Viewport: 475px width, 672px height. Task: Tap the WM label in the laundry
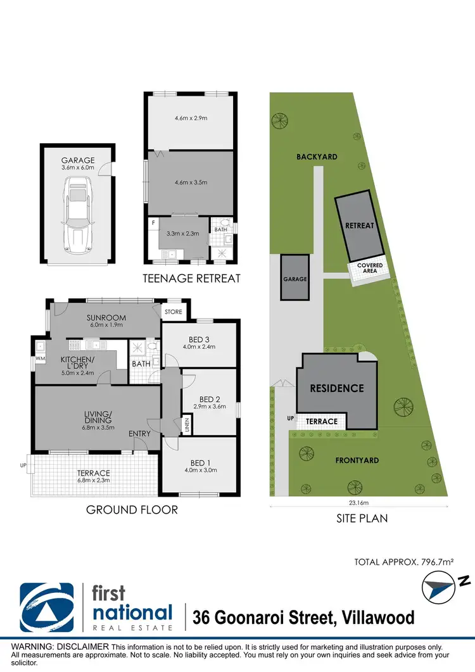tap(40, 359)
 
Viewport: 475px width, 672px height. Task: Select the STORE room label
tap(173, 312)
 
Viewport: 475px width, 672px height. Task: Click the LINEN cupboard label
tap(187, 425)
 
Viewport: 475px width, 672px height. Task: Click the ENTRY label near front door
tap(139, 433)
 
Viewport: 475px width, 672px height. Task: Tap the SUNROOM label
tap(106, 317)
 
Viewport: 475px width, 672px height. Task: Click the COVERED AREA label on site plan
tap(370, 269)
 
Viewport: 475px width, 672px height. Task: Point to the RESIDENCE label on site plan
tap(336, 388)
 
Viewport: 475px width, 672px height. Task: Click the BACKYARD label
tap(316, 156)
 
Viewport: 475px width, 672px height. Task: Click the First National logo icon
tap(46, 606)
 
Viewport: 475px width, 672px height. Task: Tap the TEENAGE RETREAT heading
tap(191, 278)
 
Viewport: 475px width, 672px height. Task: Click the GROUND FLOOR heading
tap(132, 509)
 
